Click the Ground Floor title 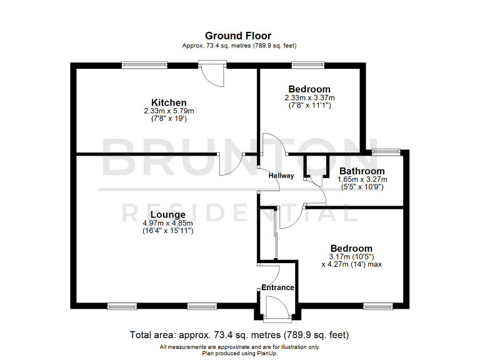click(239, 36)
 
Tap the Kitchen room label click(169, 102)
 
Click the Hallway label click(281, 176)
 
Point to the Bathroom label click(362, 171)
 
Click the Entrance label click(277, 287)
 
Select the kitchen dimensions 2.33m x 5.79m click(169, 111)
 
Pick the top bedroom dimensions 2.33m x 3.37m click(309, 97)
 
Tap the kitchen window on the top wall click(144, 64)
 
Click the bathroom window click(386, 151)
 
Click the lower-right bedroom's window click(377, 306)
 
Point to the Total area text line click(239, 334)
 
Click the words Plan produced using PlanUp click(239, 353)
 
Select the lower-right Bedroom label click(351, 248)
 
